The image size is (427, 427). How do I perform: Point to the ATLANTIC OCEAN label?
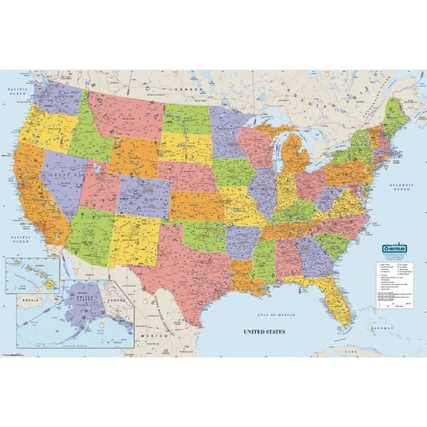click(x=401, y=186)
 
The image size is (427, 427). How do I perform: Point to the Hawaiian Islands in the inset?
click(x=32, y=274)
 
